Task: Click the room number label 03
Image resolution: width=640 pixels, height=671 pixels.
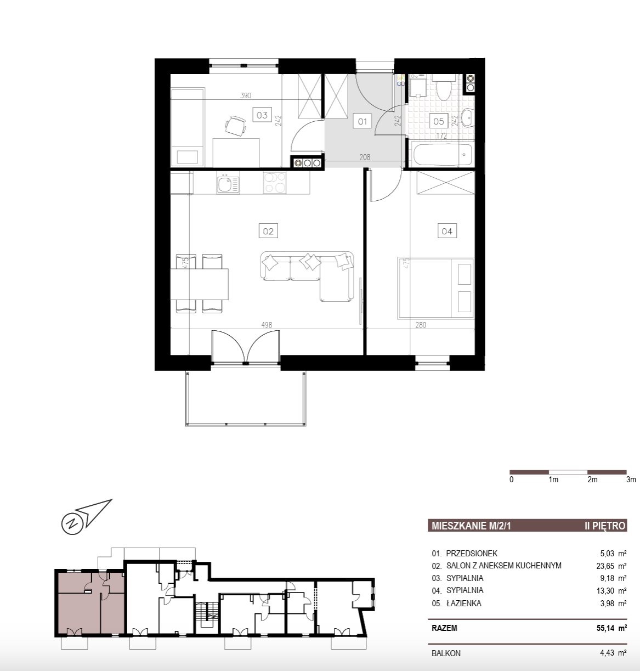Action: click(x=262, y=115)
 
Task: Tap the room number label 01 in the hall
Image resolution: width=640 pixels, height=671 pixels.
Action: click(x=363, y=121)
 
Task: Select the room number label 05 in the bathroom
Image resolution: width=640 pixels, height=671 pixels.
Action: click(x=438, y=121)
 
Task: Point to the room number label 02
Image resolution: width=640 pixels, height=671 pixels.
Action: click(x=268, y=231)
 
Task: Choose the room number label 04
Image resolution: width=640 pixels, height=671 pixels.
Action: click(x=447, y=231)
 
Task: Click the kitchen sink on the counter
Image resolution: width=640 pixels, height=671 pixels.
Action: click(x=228, y=183)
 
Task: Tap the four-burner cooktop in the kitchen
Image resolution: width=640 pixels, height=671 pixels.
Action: click(x=275, y=183)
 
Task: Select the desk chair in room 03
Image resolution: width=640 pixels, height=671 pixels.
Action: click(x=235, y=126)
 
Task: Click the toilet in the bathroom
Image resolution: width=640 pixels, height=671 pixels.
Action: click(x=444, y=87)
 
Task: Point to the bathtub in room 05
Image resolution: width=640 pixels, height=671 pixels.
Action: click(x=443, y=155)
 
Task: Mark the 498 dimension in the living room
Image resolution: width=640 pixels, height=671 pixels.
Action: click(x=267, y=325)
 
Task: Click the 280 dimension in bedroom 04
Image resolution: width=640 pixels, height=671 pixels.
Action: click(x=421, y=325)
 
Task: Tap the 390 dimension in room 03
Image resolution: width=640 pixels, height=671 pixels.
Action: click(x=246, y=95)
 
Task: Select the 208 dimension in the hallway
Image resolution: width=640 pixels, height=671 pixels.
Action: click(x=365, y=157)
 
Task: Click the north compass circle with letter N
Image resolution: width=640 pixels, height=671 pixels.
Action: click(x=72, y=523)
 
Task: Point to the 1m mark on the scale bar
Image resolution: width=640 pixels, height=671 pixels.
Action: click(x=553, y=480)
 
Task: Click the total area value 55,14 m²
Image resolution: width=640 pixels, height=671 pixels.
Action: click(x=611, y=628)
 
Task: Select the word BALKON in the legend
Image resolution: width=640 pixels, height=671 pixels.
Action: click(x=446, y=653)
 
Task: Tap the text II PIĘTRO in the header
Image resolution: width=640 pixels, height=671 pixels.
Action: click(x=605, y=526)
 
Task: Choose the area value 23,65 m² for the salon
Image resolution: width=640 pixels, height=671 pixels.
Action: click(x=611, y=566)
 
